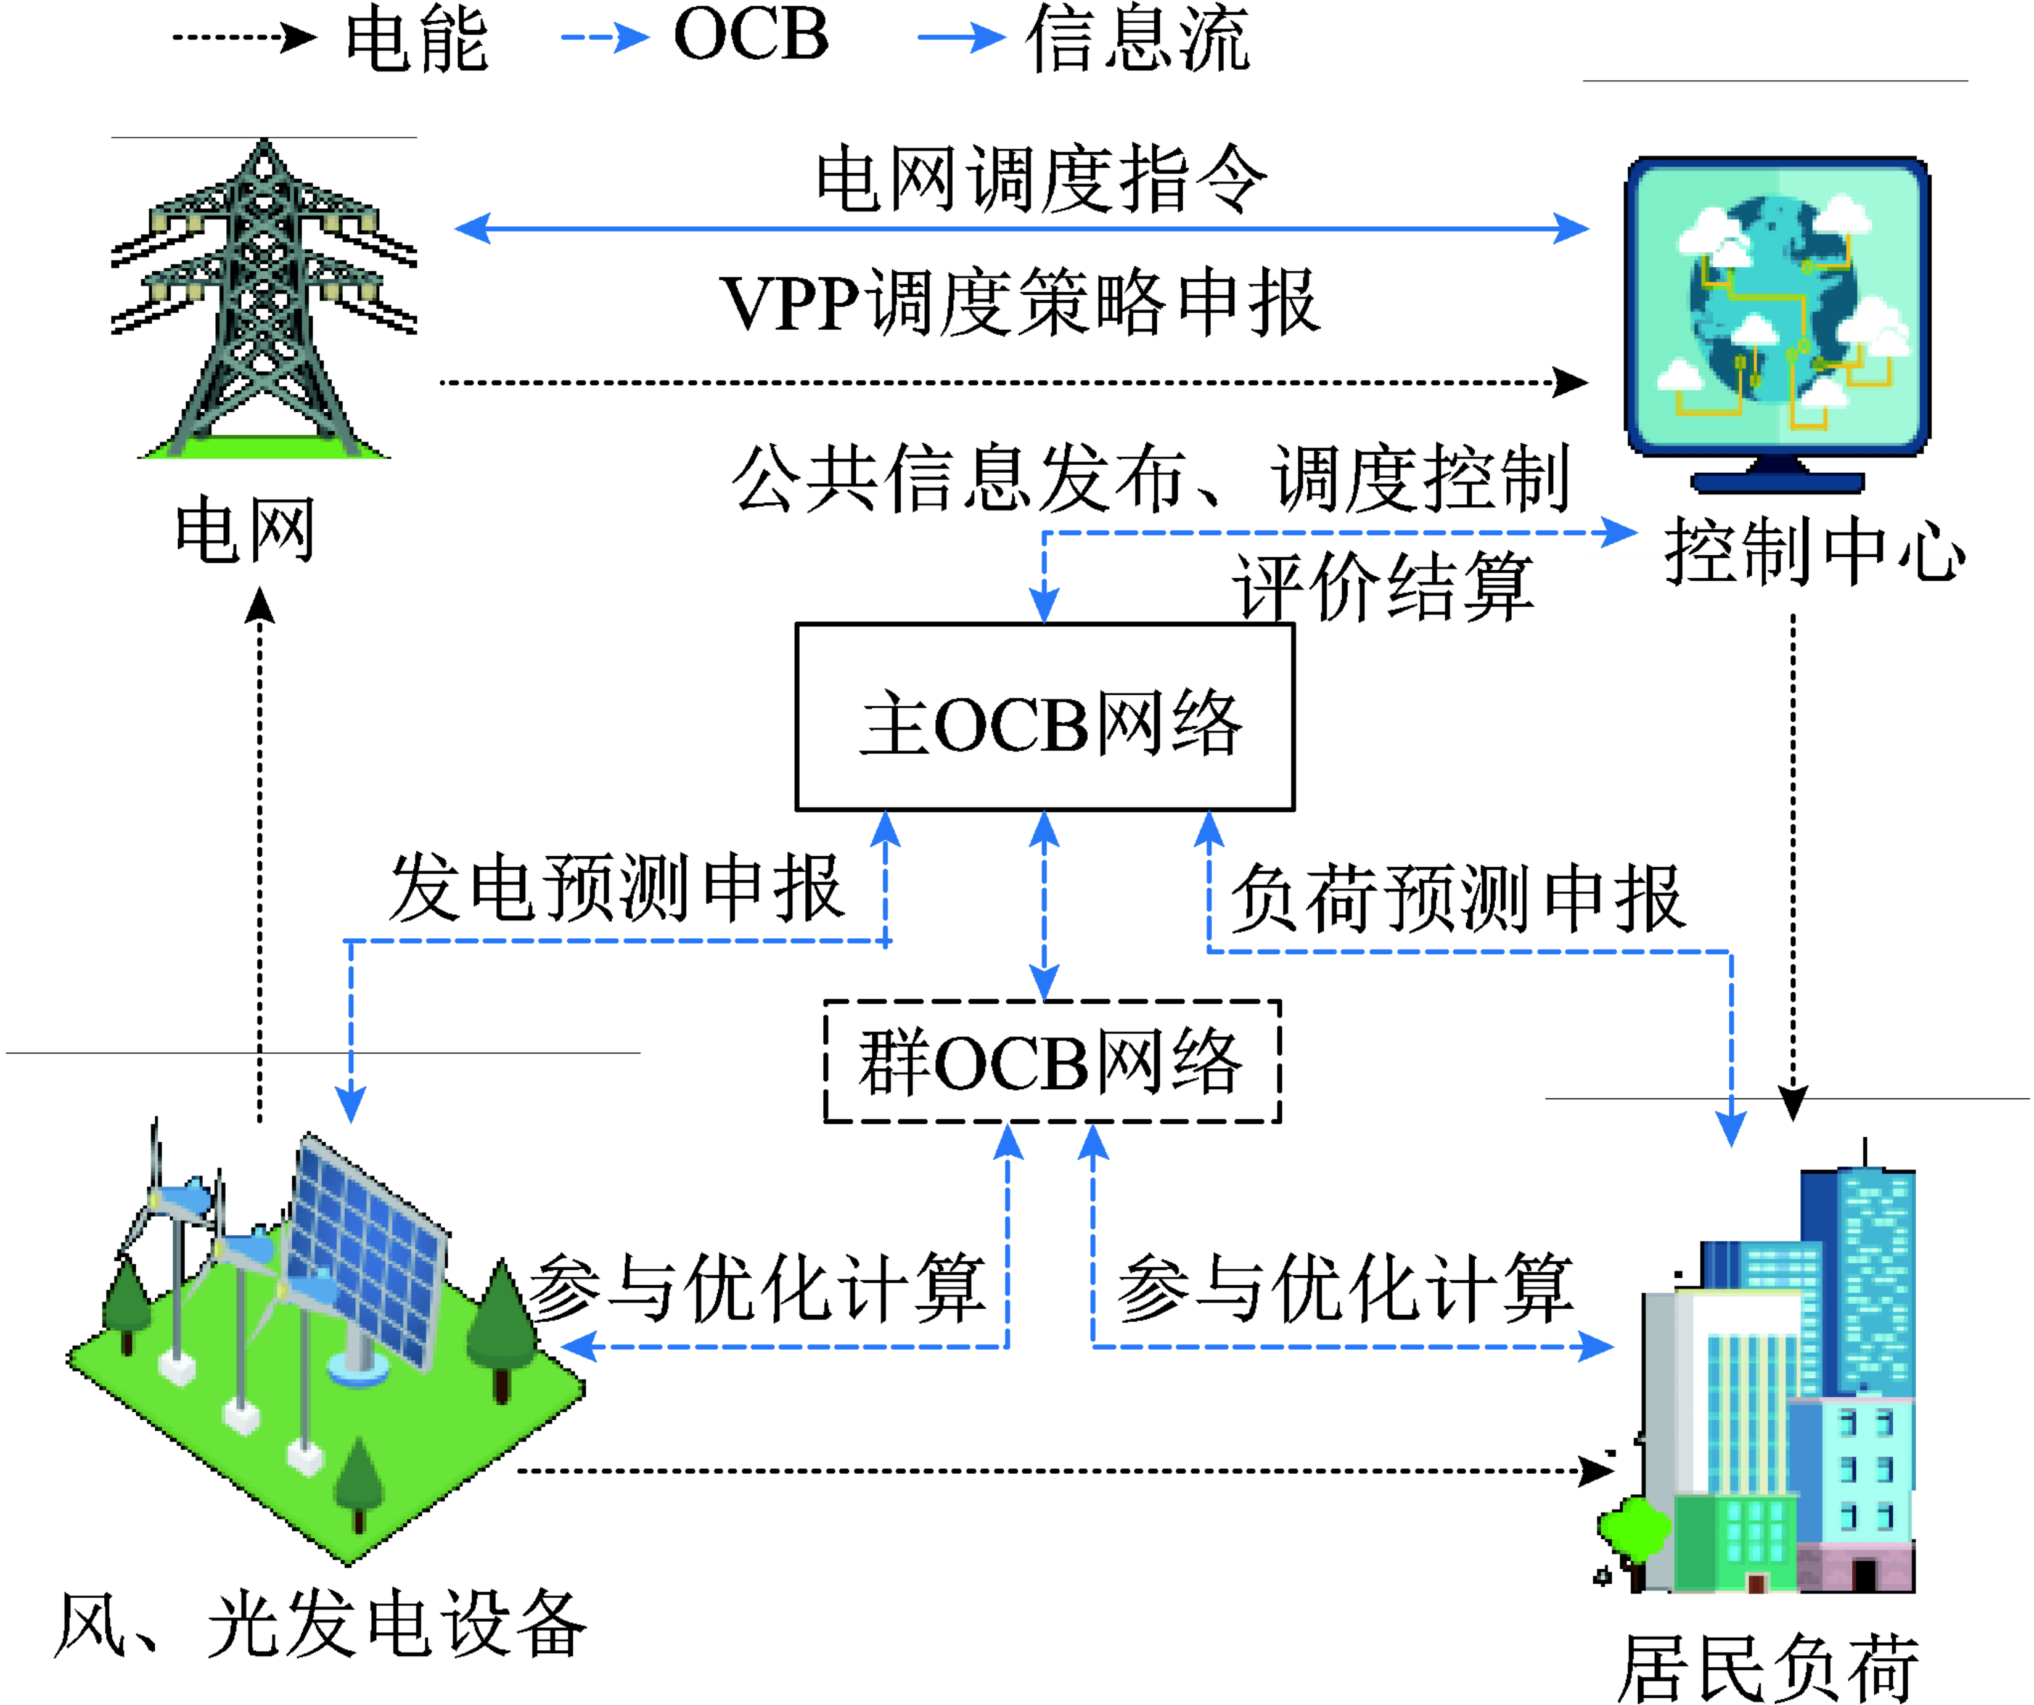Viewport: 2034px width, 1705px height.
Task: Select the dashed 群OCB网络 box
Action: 1052,1061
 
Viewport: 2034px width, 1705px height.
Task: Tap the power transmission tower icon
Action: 263,298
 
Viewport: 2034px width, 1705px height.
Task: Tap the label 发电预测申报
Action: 616,888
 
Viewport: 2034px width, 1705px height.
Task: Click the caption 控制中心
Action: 1814,552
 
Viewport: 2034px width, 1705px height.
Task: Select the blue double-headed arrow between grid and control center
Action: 1021,229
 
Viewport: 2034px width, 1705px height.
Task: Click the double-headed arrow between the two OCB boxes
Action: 1043,906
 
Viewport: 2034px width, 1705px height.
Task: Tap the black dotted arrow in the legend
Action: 244,39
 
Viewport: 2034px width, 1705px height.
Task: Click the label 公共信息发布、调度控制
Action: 1150,478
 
